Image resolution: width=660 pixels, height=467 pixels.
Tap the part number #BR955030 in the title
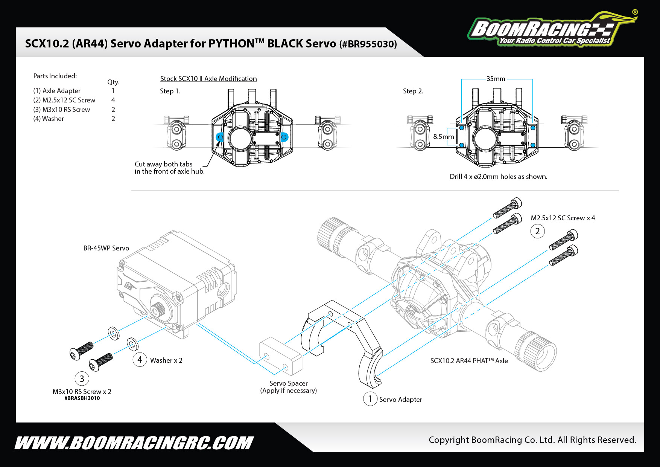point(368,44)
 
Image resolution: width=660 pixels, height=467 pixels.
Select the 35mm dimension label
point(496,79)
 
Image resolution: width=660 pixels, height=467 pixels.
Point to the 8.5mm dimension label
point(443,137)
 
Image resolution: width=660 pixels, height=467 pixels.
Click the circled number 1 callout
point(370,399)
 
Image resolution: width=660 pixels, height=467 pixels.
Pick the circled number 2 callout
point(537,231)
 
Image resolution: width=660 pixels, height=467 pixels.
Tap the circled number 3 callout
point(82,378)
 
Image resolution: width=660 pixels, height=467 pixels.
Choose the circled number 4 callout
point(140,360)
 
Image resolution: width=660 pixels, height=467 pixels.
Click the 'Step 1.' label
point(170,91)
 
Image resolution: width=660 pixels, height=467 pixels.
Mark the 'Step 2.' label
point(413,91)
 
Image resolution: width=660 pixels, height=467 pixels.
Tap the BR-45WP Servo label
point(106,248)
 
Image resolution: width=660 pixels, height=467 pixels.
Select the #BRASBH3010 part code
point(82,398)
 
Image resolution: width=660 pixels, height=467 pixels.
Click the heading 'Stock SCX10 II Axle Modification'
point(208,79)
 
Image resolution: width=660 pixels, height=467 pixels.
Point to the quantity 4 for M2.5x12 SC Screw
point(113,100)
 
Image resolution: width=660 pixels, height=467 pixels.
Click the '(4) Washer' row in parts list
point(49,119)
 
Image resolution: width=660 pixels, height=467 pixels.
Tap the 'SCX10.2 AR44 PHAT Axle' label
point(469,361)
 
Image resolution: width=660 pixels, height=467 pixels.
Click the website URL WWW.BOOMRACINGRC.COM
point(134,443)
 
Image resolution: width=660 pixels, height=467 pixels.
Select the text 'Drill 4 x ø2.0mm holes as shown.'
point(498,177)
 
